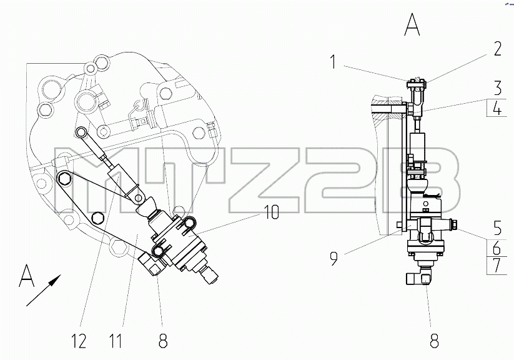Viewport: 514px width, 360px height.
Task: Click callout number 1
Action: [333, 62]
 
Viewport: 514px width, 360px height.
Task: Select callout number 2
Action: [497, 49]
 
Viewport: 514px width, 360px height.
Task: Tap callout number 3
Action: [498, 87]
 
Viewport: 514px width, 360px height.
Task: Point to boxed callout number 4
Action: [498, 108]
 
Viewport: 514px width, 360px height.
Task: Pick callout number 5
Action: [498, 227]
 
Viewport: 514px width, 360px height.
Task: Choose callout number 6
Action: [497, 247]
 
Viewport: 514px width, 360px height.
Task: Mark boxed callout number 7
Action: [498, 266]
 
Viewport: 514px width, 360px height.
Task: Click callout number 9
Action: [334, 258]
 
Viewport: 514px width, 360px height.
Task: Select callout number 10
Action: [271, 212]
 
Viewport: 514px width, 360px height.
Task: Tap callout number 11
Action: [116, 341]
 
